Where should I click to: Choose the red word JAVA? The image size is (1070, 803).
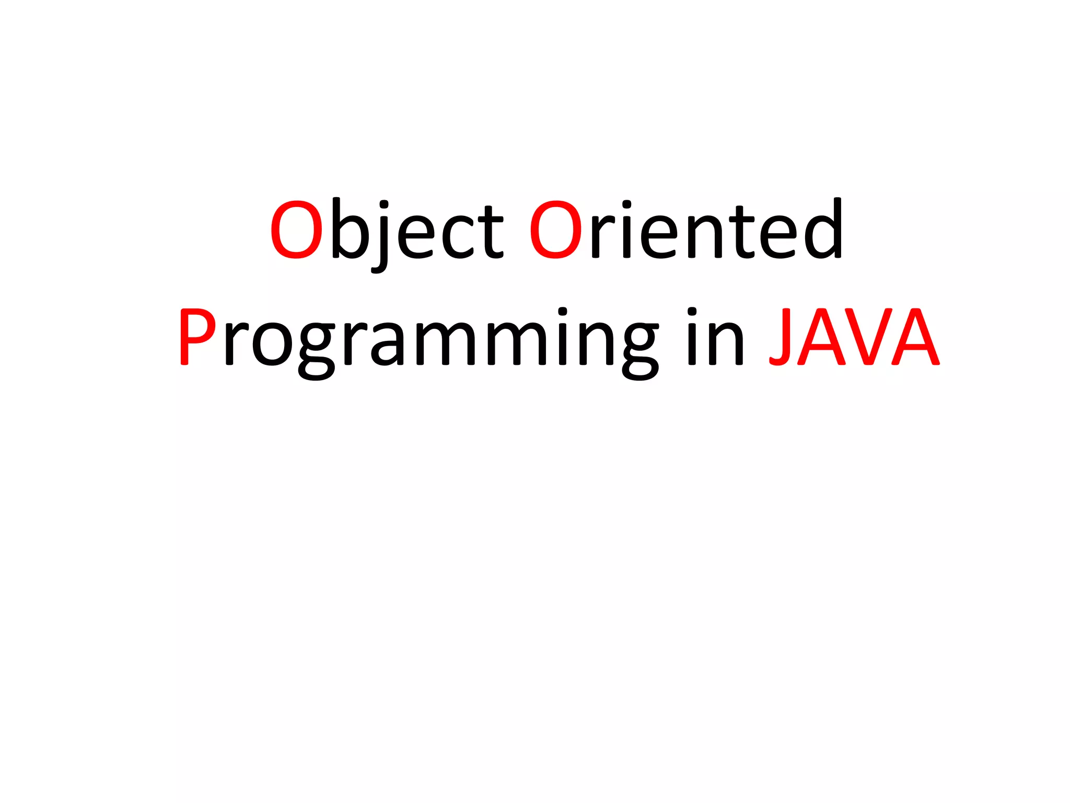(x=854, y=338)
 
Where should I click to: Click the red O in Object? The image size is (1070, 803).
(x=296, y=230)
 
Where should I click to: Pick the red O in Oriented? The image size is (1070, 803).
(x=555, y=230)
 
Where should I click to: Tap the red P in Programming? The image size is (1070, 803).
(x=197, y=337)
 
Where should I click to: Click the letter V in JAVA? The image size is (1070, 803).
(x=867, y=338)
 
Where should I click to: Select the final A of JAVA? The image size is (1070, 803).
(x=915, y=338)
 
